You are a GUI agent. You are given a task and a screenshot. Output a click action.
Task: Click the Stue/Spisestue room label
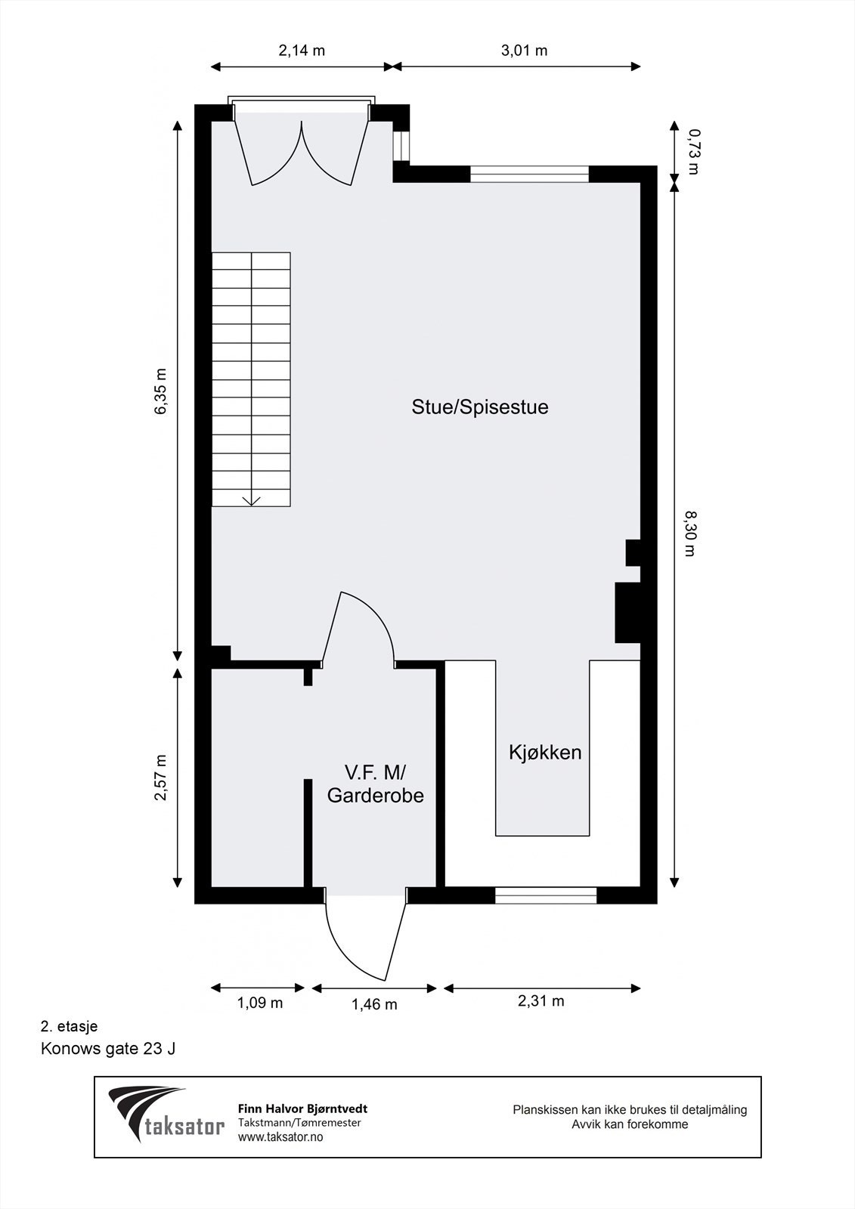click(480, 407)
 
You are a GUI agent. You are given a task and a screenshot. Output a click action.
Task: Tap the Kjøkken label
click(545, 753)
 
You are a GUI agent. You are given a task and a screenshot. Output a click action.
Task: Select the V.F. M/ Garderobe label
click(375, 784)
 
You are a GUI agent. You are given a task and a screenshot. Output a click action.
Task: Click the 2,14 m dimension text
click(302, 51)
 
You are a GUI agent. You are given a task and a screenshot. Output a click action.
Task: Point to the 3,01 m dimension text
click(524, 51)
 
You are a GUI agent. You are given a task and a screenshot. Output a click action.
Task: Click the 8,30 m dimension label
click(689, 533)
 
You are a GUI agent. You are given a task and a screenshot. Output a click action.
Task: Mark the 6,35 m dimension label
click(160, 391)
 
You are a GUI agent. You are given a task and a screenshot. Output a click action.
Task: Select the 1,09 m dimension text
click(260, 1003)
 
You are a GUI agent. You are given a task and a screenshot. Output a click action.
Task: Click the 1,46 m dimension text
click(374, 1003)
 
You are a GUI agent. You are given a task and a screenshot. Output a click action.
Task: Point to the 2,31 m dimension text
click(541, 1001)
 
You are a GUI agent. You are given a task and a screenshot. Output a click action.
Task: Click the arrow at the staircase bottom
click(251, 500)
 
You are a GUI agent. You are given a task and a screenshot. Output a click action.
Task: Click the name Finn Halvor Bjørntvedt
click(302, 1109)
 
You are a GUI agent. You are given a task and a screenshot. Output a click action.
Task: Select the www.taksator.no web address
click(280, 1136)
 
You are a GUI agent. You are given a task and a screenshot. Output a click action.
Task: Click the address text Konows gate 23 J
click(108, 1049)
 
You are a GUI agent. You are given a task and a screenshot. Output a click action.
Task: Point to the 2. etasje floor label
click(69, 1027)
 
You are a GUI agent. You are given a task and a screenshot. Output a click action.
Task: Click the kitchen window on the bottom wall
click(546, 895)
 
